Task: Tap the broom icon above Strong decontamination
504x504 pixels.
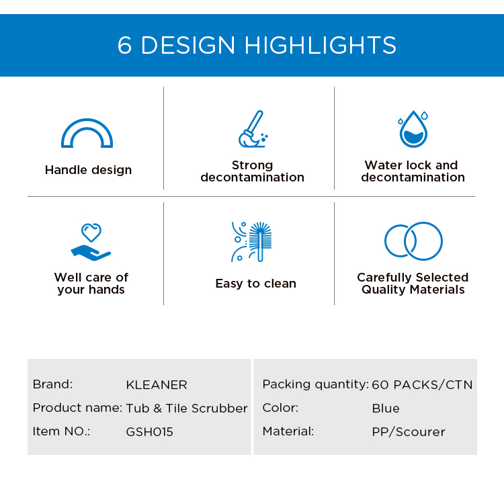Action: pos(253,129)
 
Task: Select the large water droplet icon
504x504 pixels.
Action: pos(413,130)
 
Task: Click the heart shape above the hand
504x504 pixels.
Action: pos(91,232)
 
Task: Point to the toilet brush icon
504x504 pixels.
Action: pos(260,241)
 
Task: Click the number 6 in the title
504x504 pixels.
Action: pos(125,45)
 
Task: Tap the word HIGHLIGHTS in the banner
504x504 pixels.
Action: pos(320,45)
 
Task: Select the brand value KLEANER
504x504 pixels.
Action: pos(157,385)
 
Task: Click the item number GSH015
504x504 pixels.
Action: pos(149,431)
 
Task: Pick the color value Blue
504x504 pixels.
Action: pos(386,408)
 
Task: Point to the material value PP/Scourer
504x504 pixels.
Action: pos(409,431)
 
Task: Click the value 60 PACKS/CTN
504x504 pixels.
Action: pos(422,385)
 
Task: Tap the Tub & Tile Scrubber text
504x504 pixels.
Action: pos(187,408)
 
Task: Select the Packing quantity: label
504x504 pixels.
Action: pos(315,384)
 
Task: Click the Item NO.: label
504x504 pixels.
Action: pos(61,431)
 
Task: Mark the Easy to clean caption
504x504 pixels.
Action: pos(256,284)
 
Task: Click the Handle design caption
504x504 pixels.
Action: pos(89,170)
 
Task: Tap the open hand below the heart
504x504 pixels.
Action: pos(91,253)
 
